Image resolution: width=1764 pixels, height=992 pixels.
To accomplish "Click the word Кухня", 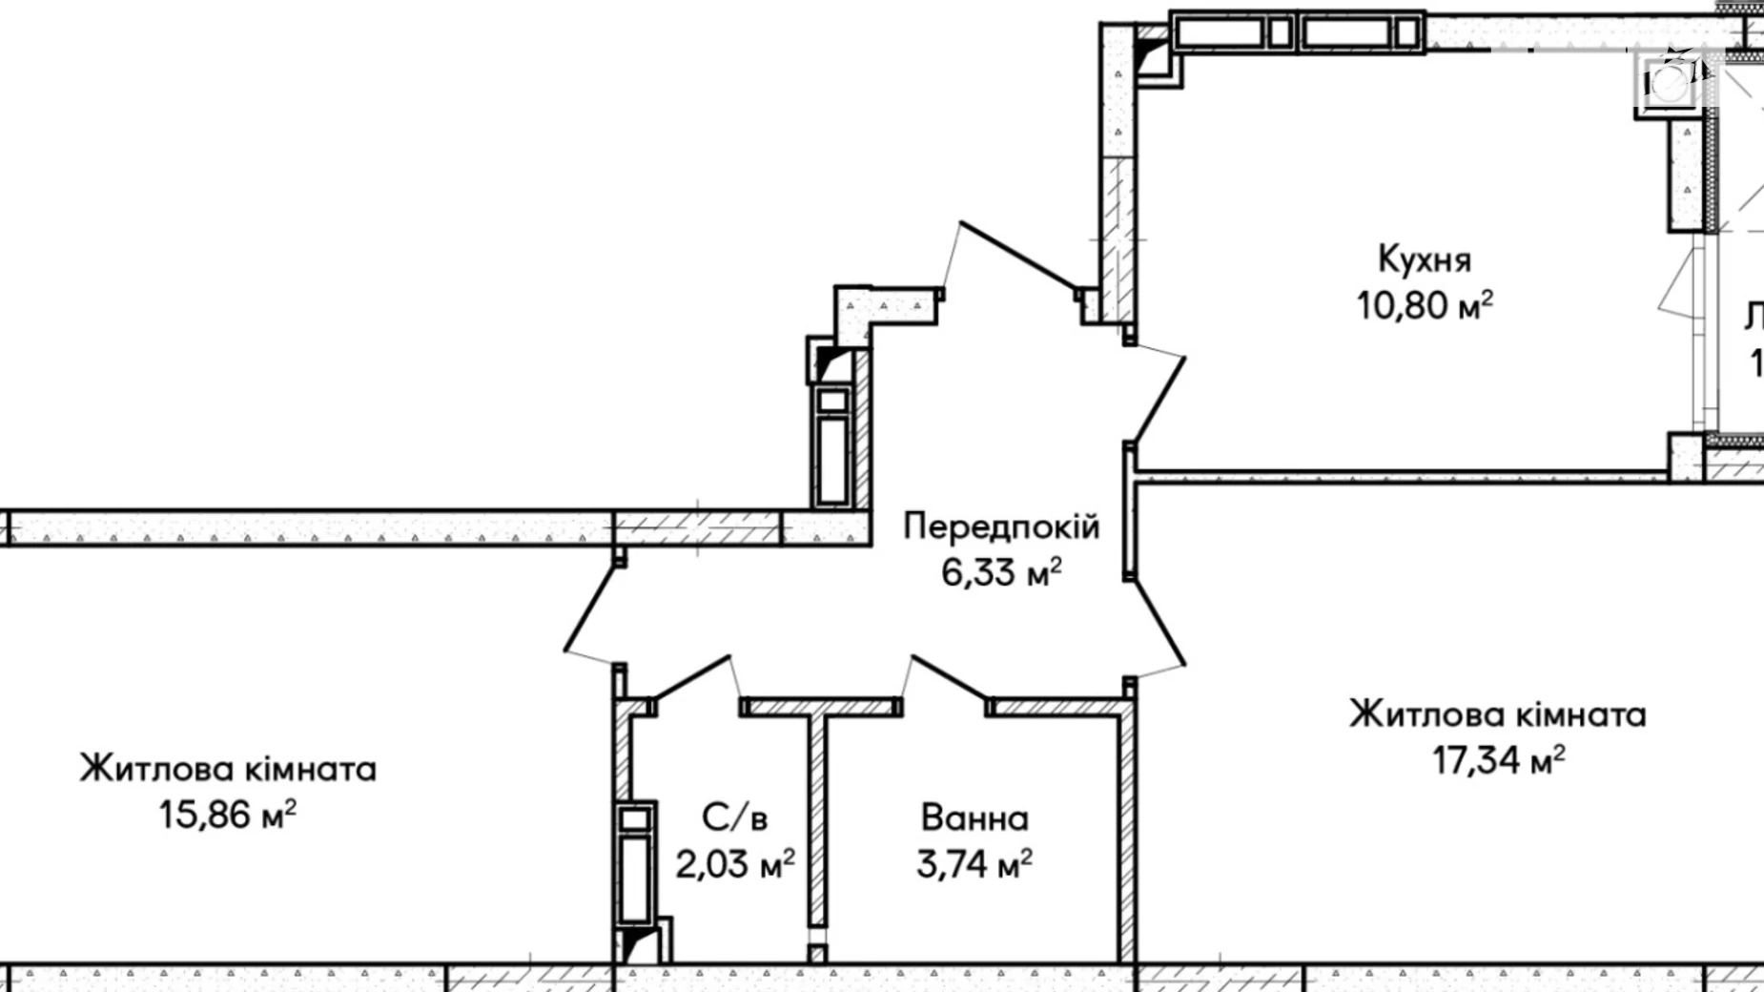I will (1425, 259).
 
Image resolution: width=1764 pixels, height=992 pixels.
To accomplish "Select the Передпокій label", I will (1001, 527).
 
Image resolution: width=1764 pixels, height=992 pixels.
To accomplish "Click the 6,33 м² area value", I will (1001, 573).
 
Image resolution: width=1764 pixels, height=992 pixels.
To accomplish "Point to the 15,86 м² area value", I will (227, 816).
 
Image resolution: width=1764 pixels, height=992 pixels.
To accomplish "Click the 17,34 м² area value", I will (1498, 761).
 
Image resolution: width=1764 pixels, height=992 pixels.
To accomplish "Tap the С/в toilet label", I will (734, 818).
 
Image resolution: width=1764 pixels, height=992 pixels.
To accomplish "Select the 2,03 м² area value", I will (734, 865).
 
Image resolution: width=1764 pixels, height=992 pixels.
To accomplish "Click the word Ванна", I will (974, 818).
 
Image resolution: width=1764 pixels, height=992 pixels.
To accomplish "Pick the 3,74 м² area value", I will (974, 865).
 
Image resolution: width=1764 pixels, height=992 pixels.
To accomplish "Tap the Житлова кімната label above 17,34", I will (1497, 714).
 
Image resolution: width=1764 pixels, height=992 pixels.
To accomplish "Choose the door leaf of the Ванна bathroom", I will (948, 679).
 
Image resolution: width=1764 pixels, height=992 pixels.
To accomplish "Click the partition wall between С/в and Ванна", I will (817, 820).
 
